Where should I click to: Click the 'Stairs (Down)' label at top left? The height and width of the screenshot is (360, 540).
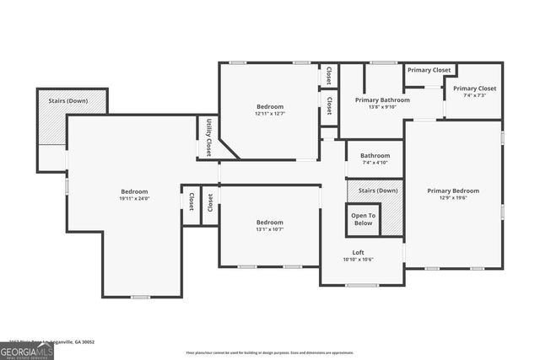pyautogui.click(x=71, y=100)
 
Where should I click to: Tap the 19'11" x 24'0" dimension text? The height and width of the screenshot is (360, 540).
pyautogui.click(x=134, y=199)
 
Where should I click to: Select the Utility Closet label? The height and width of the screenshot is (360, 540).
pyautogui.click(x=208, y=137)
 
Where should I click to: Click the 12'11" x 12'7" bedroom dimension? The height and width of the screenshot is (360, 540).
pyautogui.click(x=270, y=114)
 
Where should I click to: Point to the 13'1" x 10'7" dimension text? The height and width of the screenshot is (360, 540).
pyautogui.click(x=270, y=229)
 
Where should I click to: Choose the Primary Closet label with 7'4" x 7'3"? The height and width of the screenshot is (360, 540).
pyautogui.click(x=475, y=89)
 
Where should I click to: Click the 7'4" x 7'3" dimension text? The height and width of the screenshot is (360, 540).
pyautogui.click(x=475, y=96)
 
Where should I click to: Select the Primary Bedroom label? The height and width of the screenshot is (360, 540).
pyautogui.click(x=452, y=191)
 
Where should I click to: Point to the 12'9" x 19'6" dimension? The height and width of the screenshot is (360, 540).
pyautogui.click(x=452, y=198)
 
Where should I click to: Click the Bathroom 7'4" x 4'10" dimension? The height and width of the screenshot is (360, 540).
pyautogui.click(x=375, y=163)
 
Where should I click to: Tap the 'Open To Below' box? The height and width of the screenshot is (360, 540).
pyautogui.click(x=364, y=219)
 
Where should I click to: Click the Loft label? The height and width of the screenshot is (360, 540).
pyautogui.click(x=359, y=252)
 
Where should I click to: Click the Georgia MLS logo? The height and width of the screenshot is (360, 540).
pyautogui.click(x=27, y=349)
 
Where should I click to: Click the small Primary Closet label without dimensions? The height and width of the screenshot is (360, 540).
pyautogui.click(x=429, y=70)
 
